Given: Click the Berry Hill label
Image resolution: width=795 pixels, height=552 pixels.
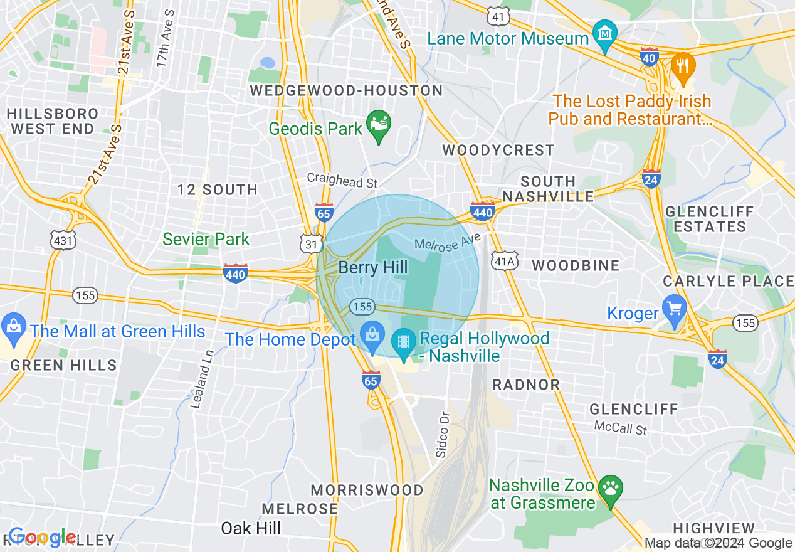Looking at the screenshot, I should (373, 268).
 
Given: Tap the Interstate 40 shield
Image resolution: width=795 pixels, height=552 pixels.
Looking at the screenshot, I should (650, 57).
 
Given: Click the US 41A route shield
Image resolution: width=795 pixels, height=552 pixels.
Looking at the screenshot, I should (505, 260).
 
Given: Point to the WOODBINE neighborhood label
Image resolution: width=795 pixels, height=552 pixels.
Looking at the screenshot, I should (576, 265).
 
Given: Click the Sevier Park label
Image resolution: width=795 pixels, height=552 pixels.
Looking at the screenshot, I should (206, 239).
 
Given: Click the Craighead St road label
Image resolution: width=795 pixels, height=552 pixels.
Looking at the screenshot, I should (342, 181).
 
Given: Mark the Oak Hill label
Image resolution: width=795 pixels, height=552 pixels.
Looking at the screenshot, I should (251, 528).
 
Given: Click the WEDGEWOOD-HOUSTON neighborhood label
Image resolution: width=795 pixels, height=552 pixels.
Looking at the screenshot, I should (346, 91).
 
